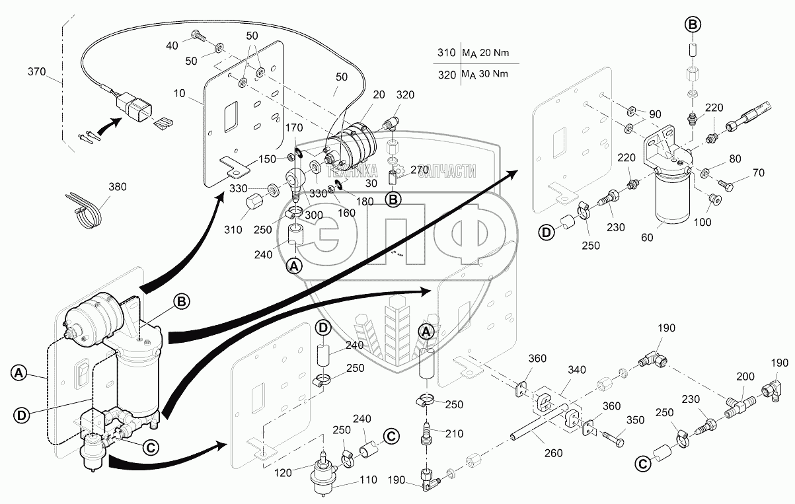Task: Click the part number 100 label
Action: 702,222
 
